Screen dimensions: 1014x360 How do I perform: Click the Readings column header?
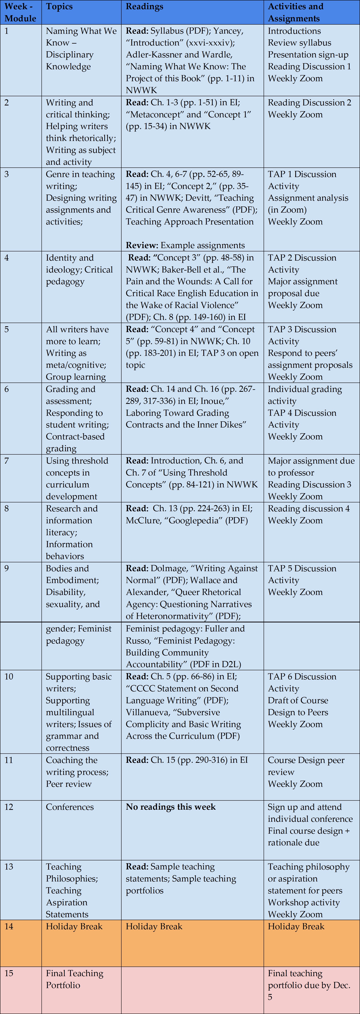144,7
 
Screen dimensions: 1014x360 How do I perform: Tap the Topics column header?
59,7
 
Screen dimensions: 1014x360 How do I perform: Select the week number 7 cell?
7,461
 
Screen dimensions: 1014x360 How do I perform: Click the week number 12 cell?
9,807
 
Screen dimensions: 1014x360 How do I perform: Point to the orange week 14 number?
9,926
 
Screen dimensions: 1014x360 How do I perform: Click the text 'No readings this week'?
171,807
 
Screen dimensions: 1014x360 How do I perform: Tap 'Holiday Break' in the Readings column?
154,926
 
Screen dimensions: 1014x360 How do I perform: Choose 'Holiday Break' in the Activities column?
296,926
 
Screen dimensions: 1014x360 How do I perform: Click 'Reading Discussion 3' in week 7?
309,485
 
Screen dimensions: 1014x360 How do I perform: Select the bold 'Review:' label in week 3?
142,245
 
